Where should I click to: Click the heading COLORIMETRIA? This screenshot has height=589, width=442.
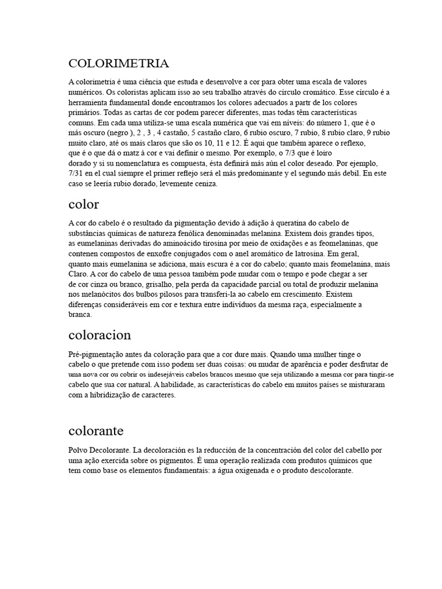119,63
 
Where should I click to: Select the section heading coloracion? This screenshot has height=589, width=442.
100,335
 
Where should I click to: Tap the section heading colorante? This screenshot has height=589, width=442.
96,430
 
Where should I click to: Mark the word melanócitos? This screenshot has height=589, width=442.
101,294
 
